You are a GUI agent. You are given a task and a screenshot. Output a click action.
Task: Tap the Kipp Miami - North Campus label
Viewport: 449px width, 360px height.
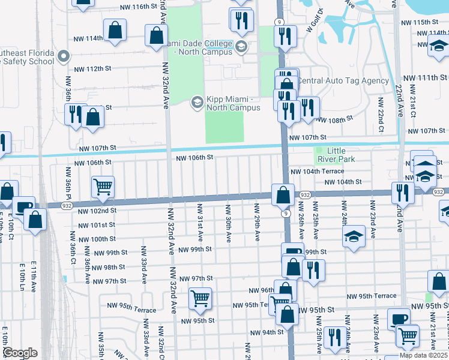coord(234,103)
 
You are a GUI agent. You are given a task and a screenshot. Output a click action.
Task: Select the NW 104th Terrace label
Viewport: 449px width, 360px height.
coord(317,171)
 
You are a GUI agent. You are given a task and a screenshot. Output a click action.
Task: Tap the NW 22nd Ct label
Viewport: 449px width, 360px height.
coord(381,120)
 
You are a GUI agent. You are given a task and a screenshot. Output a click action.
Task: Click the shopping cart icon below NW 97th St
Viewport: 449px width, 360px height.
coord(200,297)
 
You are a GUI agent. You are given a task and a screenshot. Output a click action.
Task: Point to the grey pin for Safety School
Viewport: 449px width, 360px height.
coord(65,57)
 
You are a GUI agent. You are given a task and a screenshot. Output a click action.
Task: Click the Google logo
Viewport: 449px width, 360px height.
coord(20,353)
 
